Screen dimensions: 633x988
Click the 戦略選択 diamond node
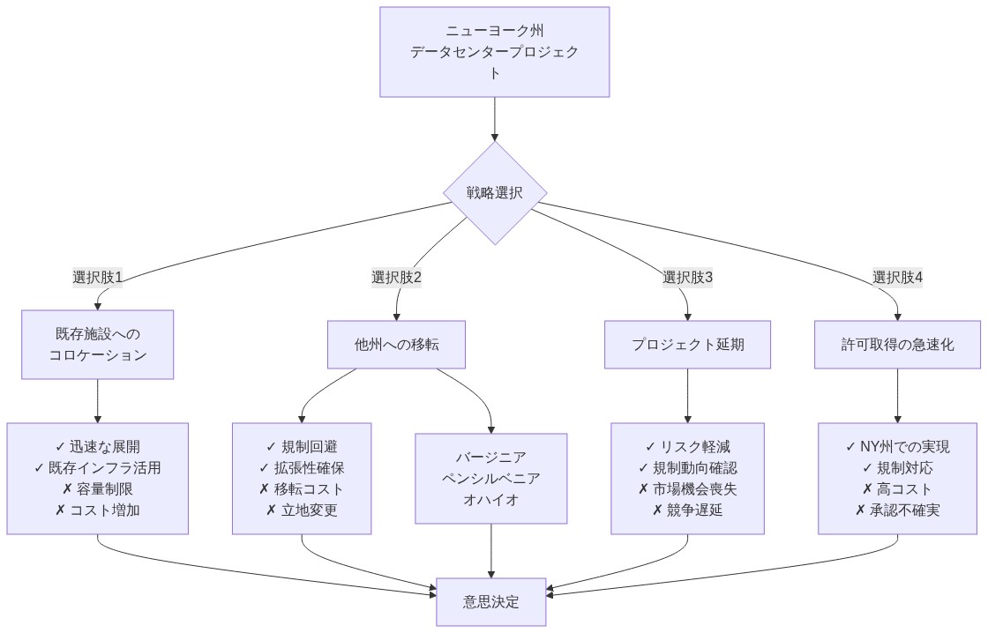[494, 193]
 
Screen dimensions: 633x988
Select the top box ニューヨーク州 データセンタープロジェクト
[494, 52]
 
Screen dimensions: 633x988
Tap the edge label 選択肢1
[97, 277]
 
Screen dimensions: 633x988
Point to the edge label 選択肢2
[396, 277]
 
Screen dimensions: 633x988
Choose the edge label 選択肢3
[687, 277]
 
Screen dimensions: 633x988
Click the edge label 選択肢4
[897, 277]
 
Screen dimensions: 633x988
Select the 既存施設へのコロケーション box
[97, 345]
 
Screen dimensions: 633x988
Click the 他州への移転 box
[396, 345]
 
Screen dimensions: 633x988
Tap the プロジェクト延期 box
[687, 345]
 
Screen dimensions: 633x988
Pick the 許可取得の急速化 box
[897, 345]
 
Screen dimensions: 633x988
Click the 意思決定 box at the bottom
[491, 602]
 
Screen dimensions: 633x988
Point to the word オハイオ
[491, 500]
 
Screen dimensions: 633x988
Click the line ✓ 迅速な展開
[97, 447]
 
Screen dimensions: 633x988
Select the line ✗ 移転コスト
[302, 489]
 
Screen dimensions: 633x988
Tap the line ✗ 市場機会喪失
[687, 489]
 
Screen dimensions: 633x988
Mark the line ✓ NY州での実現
[897, 447]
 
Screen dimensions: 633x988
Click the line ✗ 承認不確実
[897, 510]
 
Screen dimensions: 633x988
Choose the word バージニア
[491, 458]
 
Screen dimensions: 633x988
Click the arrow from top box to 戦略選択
[494, 119]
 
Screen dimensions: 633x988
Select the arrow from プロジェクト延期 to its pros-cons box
[687, 396]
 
